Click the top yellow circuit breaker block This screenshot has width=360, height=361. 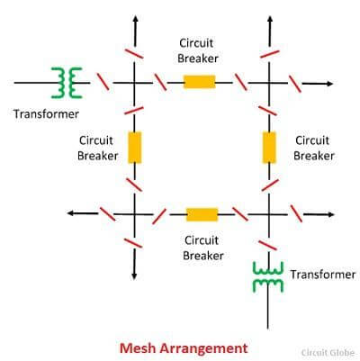[200, 82]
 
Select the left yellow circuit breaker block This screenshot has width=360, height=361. [135, 148]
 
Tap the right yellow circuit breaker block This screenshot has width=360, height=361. [269, 148]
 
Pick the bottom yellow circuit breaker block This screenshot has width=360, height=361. [202, 214]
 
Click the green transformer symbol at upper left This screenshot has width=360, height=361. [67, 83]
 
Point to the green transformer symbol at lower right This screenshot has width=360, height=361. [268, 277]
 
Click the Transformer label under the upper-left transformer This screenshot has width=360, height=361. [46, 114]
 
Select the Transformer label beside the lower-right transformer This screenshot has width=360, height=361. [323, 275]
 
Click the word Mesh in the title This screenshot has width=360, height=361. [138, 348]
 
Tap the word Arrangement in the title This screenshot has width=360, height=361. [203, 349]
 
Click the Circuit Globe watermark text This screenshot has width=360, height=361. [328, 353]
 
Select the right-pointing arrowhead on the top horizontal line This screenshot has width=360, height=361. [329, 84]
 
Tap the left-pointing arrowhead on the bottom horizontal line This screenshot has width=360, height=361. [71, 213]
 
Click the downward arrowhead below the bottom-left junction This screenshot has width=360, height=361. [134, 276]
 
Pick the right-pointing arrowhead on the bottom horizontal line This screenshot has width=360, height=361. [330, 214]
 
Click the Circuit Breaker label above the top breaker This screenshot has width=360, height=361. [198, 50]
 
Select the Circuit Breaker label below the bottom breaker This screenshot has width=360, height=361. [203, 248]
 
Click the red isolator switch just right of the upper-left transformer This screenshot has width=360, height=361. [103, 81]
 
